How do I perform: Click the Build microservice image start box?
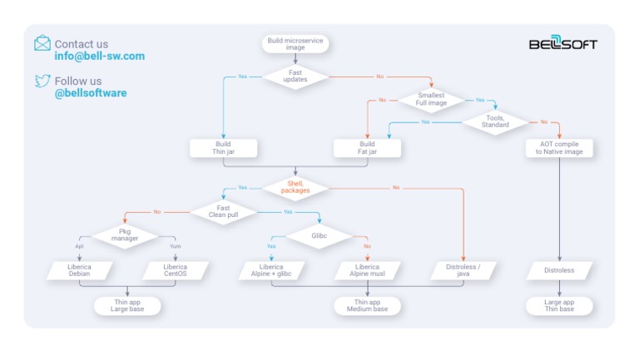click(295, 43)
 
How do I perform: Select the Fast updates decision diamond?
click(295, 76)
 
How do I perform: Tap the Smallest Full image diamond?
click(432, 100)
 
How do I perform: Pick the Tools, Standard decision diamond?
click(496, 121)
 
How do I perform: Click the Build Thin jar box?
click(224, 148)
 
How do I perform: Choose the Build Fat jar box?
click(367, 148)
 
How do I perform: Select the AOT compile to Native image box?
click(559, 148)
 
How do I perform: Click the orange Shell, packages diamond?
click(295, 188)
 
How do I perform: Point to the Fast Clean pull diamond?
click(223, 211)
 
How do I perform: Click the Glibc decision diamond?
click(319, 236)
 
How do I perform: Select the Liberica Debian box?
click(80, 271)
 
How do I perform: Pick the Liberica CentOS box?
click(176, 271)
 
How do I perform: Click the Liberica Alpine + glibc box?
click(271, 271)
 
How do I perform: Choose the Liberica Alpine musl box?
click(367, 271)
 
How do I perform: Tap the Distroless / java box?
click(463, 271)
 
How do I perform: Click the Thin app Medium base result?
click(367, 306)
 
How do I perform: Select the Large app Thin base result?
click(559, 306)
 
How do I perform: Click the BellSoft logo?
click(563, 44)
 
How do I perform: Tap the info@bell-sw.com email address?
click(100, 57)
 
